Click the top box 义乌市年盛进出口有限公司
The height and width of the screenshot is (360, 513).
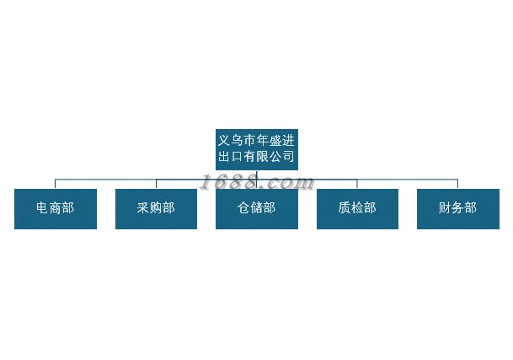click(256, 149)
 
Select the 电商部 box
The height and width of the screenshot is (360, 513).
click(56, 208)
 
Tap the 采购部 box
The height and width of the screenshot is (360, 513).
click(156, 208)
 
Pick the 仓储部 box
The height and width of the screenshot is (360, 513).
click(256, 208)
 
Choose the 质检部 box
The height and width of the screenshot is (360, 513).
click(357, 208)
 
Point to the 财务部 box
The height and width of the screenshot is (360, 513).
click(458, 208)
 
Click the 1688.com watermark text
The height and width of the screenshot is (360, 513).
click(257, 182)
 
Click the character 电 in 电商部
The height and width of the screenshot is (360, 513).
click(42, 207)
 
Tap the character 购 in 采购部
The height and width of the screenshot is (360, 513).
click(156, 207)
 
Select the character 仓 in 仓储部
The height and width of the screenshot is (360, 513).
click(243, 207)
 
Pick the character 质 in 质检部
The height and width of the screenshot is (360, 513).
click(345, 207)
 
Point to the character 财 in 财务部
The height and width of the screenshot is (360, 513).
click(445, 207)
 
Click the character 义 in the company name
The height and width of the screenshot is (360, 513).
click(224, 141)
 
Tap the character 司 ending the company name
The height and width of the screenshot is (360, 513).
click(289, 156)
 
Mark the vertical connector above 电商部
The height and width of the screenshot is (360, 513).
click(55, 184)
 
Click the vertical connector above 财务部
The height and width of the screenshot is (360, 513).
click(457, 184)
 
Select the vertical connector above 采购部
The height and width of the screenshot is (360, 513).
click(156, 184)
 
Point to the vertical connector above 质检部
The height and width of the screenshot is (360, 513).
click(357, 184)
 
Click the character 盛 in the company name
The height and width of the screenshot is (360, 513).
click(275, 141)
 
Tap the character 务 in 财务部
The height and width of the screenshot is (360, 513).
click(457, 207)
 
